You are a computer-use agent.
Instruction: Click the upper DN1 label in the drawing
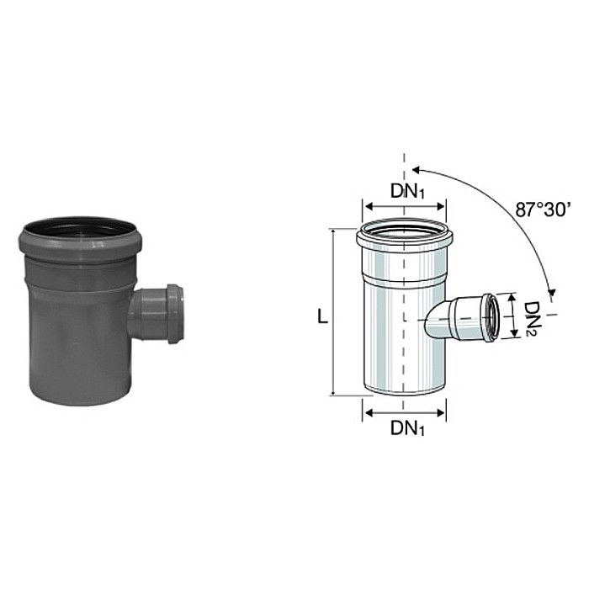(407, 191)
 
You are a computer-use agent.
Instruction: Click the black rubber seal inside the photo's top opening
(77, 229)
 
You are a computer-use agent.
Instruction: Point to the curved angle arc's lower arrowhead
(551, 292)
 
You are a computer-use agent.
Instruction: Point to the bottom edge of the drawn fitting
(405, 393)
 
